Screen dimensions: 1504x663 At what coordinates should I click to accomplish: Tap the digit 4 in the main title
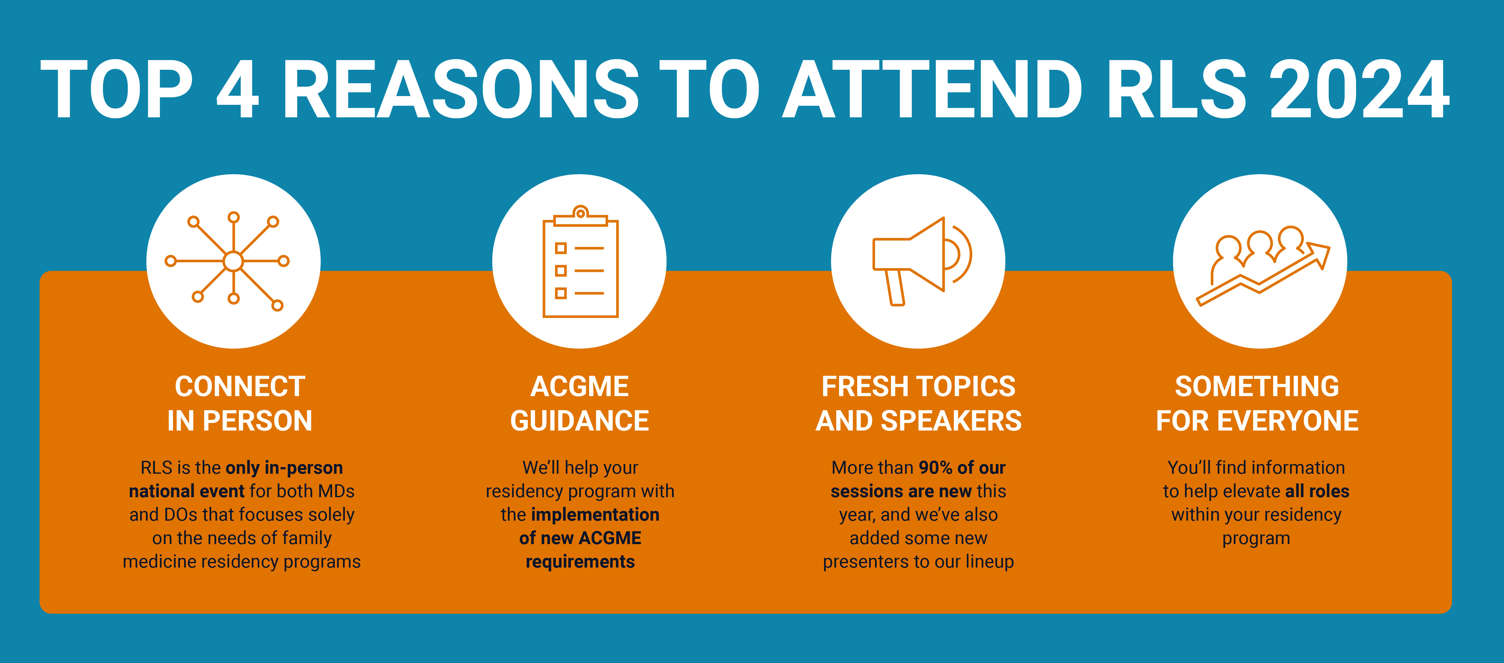coord(238,89)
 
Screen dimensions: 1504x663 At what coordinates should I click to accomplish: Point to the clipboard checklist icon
coord(580,262)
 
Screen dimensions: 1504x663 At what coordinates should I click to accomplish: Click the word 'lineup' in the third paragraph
coord(990,562)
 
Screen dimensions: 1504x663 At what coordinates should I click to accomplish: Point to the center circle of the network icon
coord(234,261)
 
